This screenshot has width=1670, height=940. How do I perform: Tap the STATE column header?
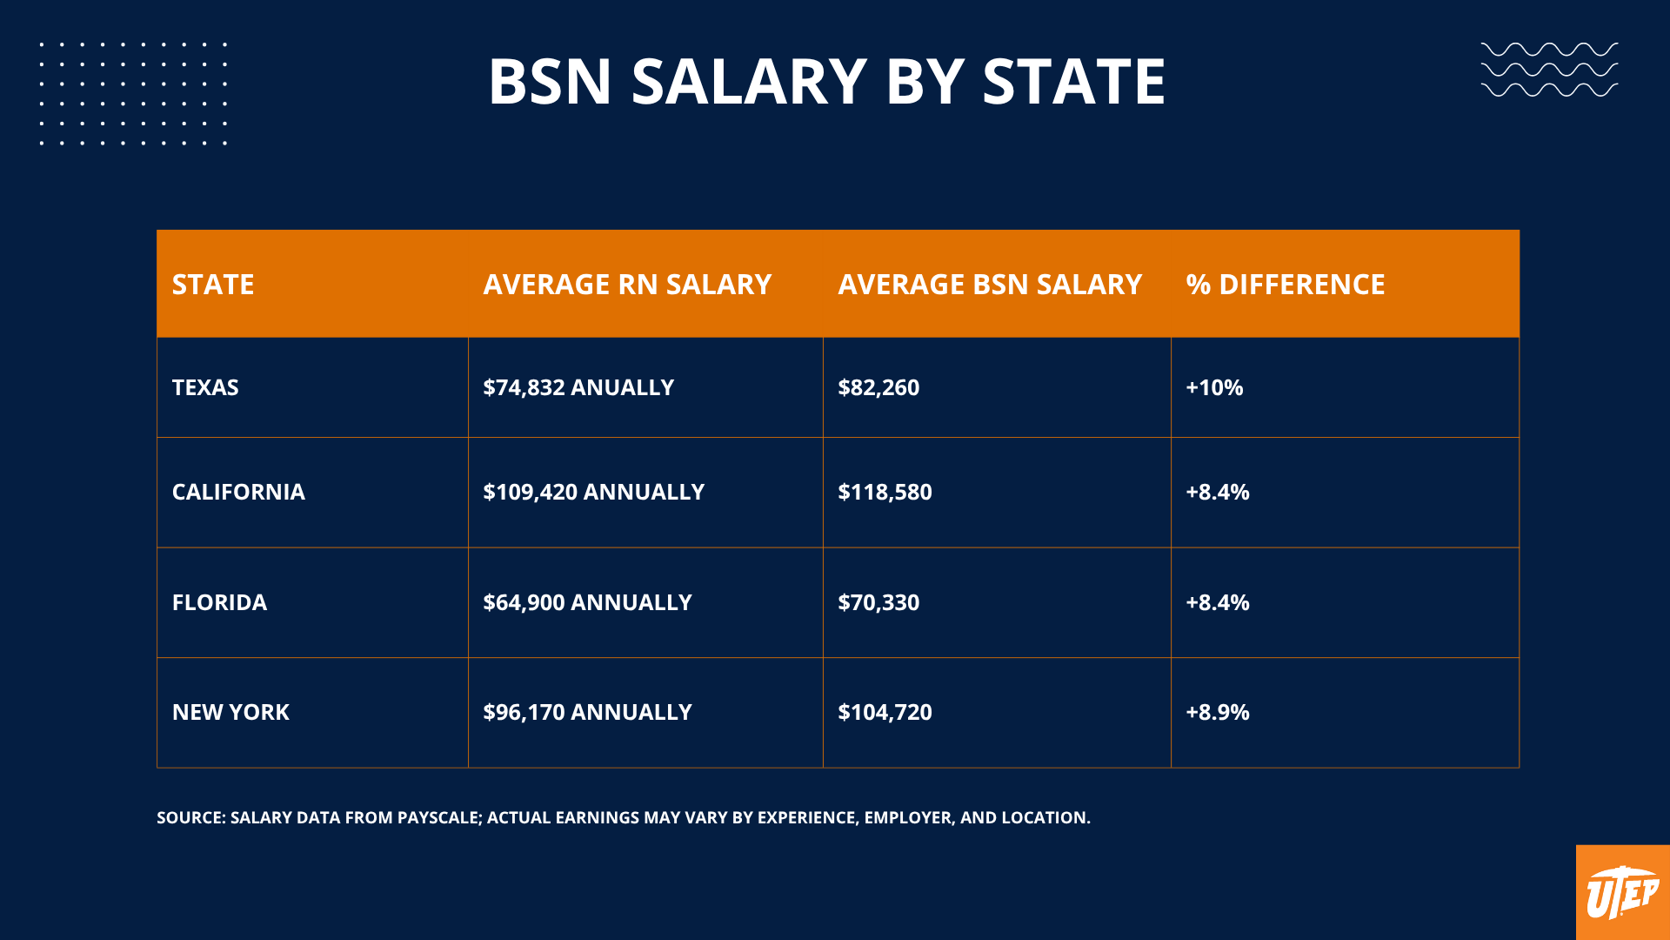click(x=213, y=285)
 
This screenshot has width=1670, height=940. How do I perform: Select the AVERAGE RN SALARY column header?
click(x=627, y=285)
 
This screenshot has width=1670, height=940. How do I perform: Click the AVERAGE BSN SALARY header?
click(x=989, y=285)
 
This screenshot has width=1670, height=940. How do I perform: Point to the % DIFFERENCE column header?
click(x=1285, y=285)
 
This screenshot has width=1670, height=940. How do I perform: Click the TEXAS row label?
click(x=205, y=387)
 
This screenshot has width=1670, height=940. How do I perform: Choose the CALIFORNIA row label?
click(x=238, y=492)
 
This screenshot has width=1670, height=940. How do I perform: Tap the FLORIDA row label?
click(x=219, y=602)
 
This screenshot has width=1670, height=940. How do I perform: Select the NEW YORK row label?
click(x=230, y=712)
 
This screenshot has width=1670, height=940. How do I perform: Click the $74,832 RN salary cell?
click(x=578, y=387)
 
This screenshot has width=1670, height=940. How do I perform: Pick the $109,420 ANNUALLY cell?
click(x=593, y=492)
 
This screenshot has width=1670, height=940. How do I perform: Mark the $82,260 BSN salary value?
click(x=878, y=387)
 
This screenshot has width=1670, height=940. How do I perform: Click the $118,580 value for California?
click(x=885, y=492)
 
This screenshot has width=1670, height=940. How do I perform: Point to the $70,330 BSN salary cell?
click(x=878, y=602)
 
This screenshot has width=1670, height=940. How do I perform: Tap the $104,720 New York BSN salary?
click(x=885, y=712)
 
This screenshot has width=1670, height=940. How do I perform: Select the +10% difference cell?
click(x=1214, y=387)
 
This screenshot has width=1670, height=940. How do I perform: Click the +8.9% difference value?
click(x=1218, y=712)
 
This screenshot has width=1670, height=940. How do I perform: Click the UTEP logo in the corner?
click(x=1622, y=893)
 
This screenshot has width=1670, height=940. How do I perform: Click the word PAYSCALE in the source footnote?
click(x=438, y=817)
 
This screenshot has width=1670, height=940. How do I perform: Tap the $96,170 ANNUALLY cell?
click(x=587, y=712)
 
